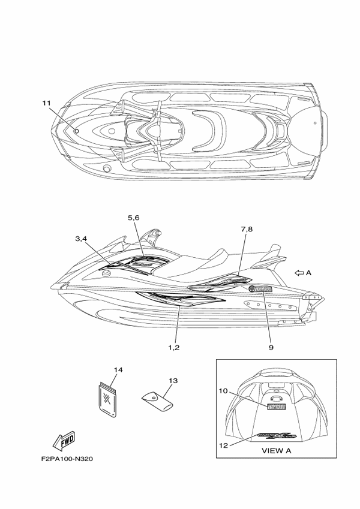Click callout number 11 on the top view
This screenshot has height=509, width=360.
(46, 104)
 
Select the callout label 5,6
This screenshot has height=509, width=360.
(133, 218)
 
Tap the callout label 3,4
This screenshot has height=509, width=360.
(82, 239)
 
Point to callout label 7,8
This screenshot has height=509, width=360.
(247, 230)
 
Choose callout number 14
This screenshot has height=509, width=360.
(118, 370)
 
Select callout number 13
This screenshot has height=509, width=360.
(173, 381)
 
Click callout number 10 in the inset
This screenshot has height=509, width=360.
(222, 391)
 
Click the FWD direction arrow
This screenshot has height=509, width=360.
(64, 441)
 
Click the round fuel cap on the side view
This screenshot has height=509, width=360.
(106, 275)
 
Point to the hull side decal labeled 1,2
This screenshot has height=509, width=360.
(180, 298)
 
